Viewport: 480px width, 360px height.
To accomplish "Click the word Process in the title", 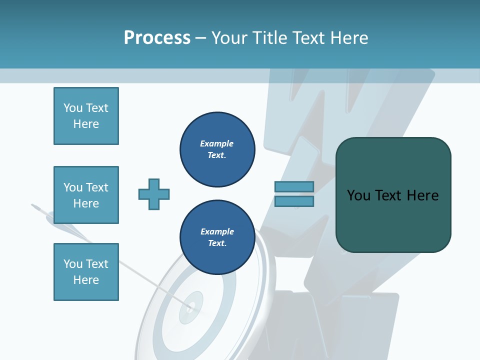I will tap(157, 38).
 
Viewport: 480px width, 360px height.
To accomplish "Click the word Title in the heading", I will tap(268, 38).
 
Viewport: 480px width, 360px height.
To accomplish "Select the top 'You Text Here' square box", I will tap(86, 116).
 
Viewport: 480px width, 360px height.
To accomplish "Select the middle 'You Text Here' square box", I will tap(86, 195).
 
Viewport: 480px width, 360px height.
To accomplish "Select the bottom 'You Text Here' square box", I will tap(86, 272).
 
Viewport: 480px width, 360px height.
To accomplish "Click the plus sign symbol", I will tap(154, 194).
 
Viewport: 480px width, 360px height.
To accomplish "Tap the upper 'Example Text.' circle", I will tap(217, 149).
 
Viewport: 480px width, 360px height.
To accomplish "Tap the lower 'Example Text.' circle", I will tap(217, 237).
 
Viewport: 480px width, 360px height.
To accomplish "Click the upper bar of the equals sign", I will tap(294, 186).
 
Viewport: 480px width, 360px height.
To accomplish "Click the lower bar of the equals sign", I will tap(294, 201).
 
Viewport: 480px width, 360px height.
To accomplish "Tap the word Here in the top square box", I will tap(86, 124).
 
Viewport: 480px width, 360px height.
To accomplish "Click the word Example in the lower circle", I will tap(217, 231).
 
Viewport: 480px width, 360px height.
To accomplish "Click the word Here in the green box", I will tap(422, 195).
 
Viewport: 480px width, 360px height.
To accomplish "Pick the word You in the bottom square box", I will tap(73, 264).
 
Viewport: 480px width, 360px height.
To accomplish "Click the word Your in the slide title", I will tap(230, 38).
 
